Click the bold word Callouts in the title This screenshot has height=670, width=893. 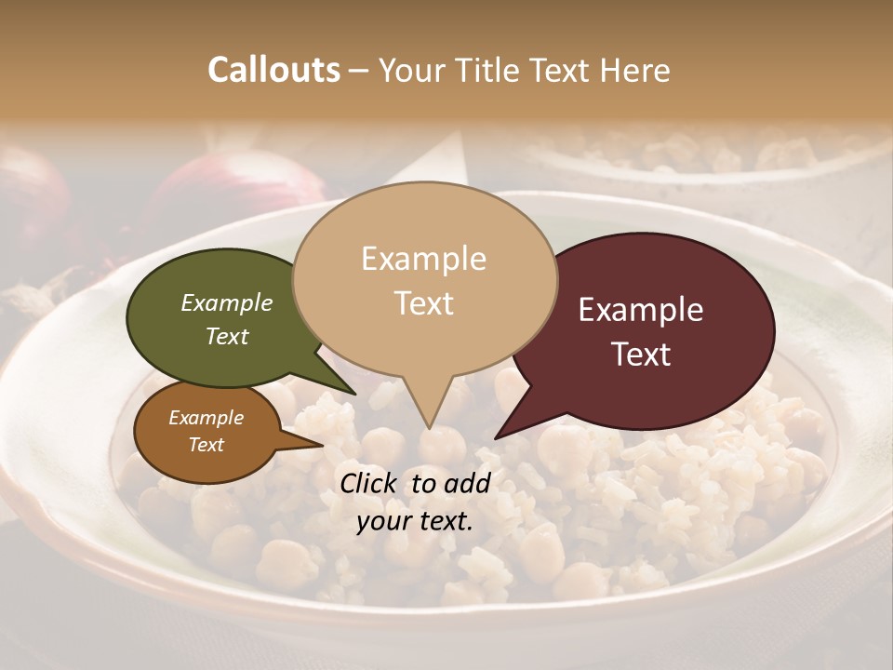pos(273,70)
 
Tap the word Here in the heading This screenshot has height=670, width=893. pos(636,70)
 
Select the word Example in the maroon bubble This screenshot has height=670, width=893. pos(641,310)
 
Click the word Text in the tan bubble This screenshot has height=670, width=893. pos(424,302)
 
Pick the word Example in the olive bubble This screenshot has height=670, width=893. pos(227,302)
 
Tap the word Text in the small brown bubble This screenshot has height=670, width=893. pos(207,445)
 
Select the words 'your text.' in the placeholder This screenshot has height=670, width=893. pos(414,520)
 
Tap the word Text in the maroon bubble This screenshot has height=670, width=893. pos(641,354)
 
